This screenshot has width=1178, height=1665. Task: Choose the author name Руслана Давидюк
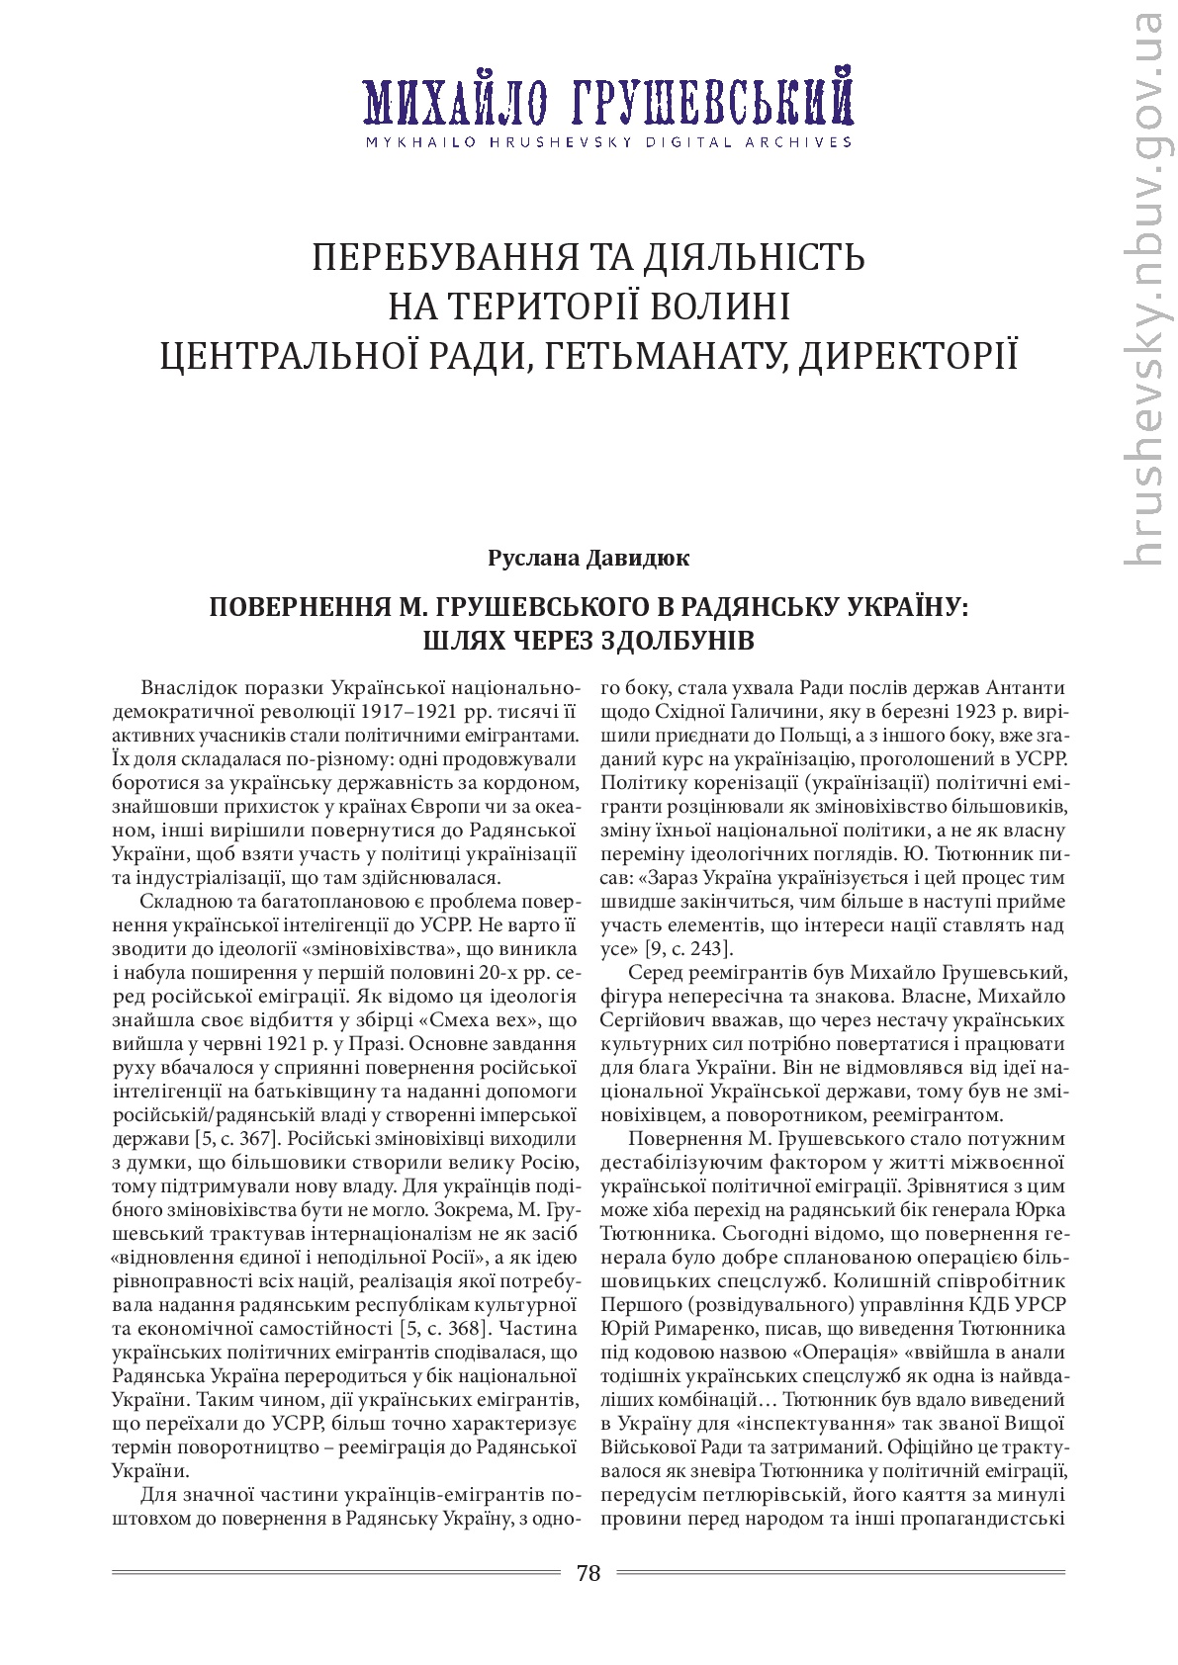pyautogui.click(x=589, y=558)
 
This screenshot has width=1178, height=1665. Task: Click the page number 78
pyautogui.click(x=589, y=1572)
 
